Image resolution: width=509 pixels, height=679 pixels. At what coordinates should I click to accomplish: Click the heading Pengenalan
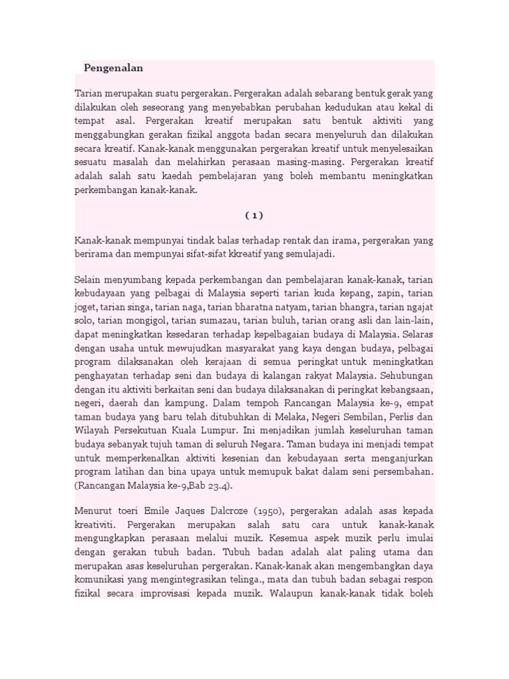(113, 68)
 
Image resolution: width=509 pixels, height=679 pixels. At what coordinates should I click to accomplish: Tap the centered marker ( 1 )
(254, 215)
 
